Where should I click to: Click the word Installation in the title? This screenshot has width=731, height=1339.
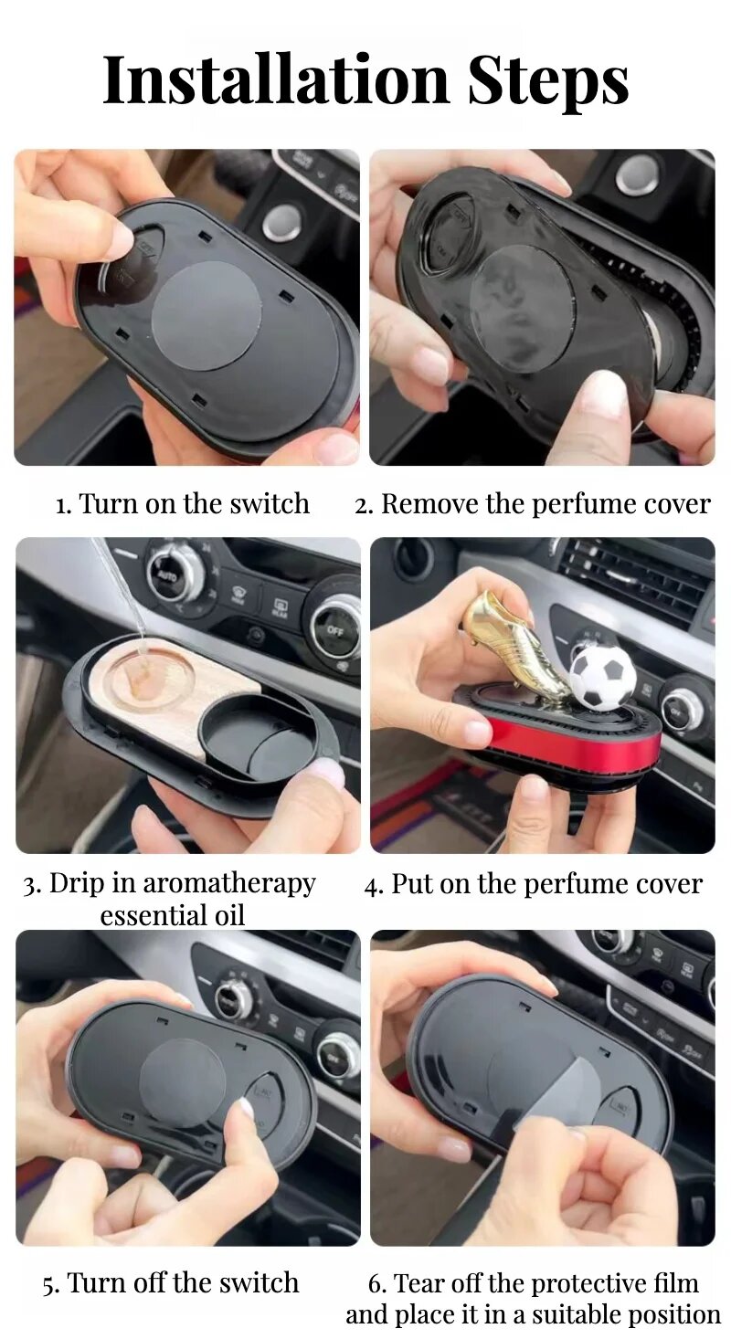[x=275, y=80]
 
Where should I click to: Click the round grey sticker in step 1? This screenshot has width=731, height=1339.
[x=207, y=316]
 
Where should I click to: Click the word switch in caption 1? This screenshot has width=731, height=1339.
[x=270, y=503]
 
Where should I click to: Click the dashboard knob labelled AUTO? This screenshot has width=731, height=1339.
[x=173, y=576]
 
